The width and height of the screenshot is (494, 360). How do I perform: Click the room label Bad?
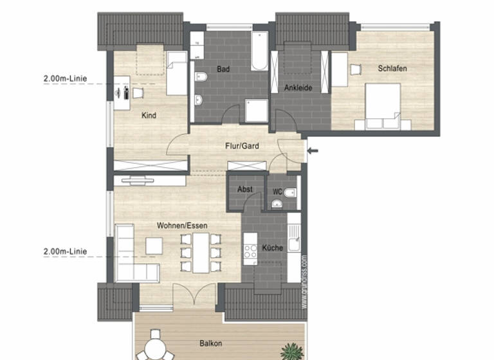point(223,69)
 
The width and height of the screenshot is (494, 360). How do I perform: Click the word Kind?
point(149,116)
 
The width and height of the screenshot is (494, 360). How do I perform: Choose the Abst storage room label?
point(245,190)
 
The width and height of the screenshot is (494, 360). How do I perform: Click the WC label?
point(277,191)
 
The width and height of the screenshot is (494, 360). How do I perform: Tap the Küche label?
point(272,248)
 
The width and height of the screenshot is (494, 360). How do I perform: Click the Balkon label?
point(210,343)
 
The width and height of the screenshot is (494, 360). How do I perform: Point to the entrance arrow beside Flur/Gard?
point(313,151)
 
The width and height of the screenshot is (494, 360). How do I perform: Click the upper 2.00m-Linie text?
point(65,79)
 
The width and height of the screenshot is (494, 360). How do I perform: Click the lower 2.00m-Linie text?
point(65,251)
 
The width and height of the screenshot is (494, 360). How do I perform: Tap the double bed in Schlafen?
point(383,106)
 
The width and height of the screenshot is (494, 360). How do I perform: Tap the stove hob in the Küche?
point(250,250)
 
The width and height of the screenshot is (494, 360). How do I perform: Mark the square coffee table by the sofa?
point(154,246)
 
